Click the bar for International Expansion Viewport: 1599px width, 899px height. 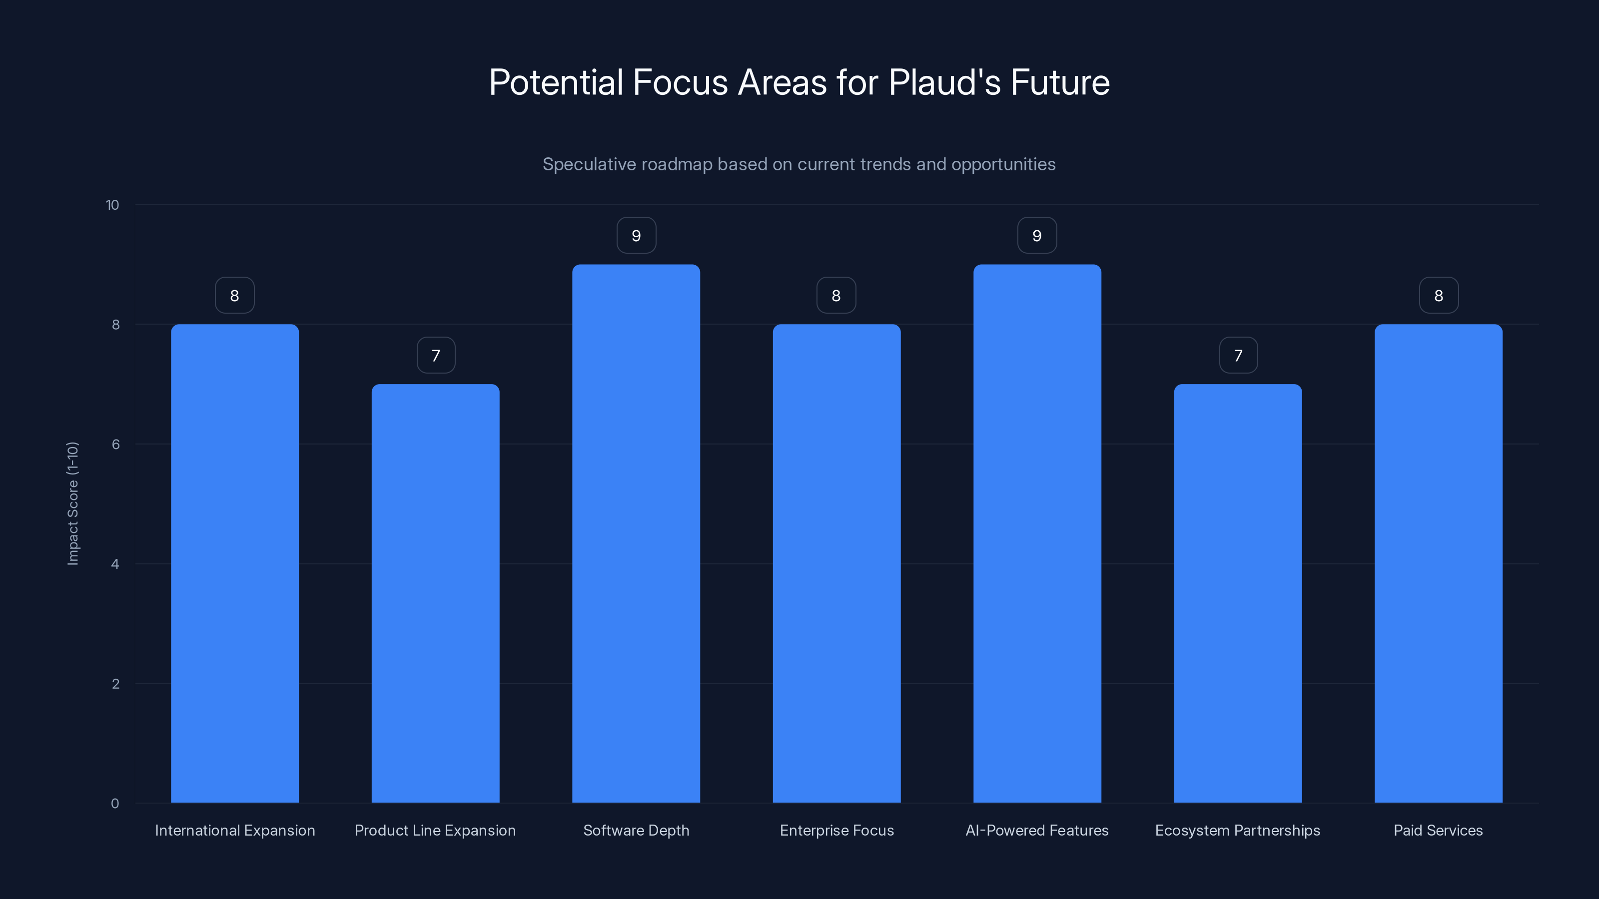pos(235,563)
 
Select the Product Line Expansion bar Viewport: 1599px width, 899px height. pos(435,593)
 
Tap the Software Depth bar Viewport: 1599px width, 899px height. pos(636,533)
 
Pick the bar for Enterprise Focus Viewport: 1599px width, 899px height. pos(836,563)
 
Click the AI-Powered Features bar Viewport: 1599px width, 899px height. pos(1037,533)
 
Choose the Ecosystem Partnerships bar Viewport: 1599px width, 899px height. pos(1237,593)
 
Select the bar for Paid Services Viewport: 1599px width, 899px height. pos(1438,563)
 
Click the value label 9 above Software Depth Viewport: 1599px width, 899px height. pos(636,236)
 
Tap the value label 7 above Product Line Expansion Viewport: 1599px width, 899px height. pos(436,356)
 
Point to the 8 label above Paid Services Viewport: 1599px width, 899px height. pos(1438,296)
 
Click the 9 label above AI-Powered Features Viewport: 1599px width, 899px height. pos(1037,236)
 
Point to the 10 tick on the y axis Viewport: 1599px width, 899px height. pos(112,205)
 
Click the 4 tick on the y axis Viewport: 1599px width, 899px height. pos(115,564)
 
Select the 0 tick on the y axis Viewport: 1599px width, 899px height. pos(115,804)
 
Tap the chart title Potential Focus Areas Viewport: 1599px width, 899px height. pos(799,82)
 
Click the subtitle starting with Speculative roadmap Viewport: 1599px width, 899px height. pos(799,164)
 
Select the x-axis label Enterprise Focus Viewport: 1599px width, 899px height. pos(836,830)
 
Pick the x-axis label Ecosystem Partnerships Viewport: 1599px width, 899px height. pos(1237,830)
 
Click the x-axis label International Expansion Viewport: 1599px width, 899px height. pos(235,830)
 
